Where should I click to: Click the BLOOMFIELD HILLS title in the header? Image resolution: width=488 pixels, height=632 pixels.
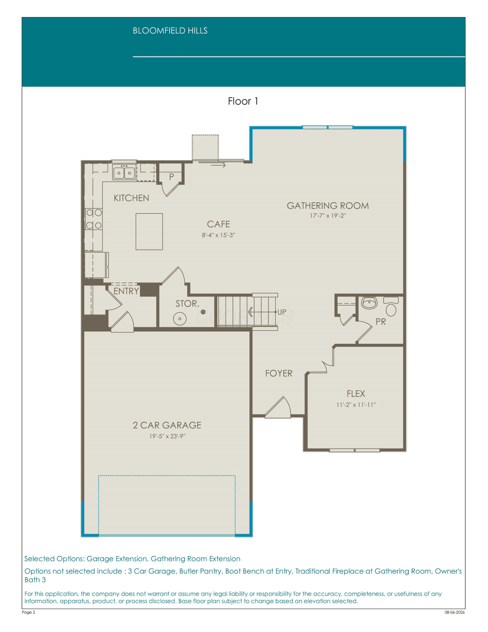click(170, 31)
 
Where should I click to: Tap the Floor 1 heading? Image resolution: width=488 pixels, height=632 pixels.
click(243, 101)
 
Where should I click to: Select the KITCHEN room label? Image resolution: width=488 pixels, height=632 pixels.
click(131, 198)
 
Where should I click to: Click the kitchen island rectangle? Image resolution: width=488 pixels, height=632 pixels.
click(149, 232)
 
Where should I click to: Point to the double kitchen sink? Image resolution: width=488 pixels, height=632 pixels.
click(124, 172)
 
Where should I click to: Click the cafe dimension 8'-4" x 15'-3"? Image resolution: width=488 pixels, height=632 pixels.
click(219, 235)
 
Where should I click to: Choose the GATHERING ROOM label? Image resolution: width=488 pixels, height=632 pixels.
click(328, 206)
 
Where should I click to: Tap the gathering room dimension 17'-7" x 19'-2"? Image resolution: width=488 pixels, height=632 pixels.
click(328, 216)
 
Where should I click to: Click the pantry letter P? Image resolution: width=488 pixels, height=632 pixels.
click(172, 177)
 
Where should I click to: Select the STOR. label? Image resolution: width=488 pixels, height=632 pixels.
click(188, 304)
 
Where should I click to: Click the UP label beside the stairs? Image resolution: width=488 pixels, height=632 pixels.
click(282, 312)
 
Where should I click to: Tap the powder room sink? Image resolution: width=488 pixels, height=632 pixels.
click(369, 303)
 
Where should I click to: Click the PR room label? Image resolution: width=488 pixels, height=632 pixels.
click(381, 322)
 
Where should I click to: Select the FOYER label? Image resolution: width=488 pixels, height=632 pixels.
click(279, 374)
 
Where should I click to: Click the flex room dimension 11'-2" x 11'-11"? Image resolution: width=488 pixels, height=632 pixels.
click(356, 405)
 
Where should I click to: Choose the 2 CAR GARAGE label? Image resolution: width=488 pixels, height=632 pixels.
click(167, 425)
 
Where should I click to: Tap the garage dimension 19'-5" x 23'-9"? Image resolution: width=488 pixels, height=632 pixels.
click(167, 436)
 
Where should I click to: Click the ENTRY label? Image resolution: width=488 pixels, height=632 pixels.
click(126, 291)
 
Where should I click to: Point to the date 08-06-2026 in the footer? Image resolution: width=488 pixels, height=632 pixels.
click(455, 612)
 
